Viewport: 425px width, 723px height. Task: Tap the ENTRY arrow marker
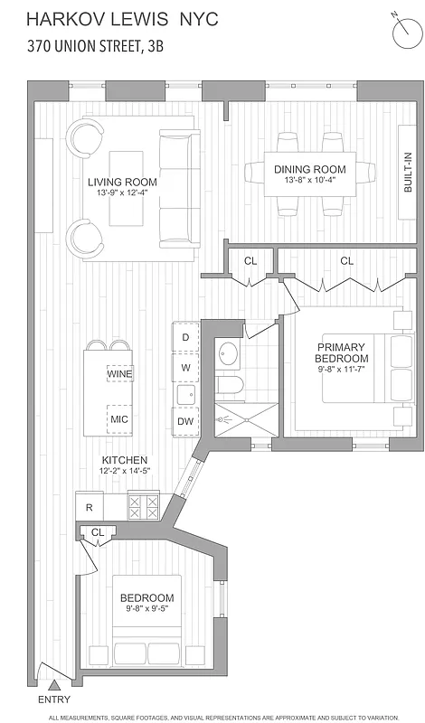click(x=55, y=687)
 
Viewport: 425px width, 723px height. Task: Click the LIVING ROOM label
click(x=121, y=182)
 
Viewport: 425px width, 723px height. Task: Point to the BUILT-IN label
click(x=407, y=172)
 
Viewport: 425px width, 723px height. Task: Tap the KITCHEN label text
click(x=124, y=460)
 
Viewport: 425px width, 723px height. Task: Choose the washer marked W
click(x=185, y=368)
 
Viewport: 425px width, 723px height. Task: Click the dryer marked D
click(x=185, y=337)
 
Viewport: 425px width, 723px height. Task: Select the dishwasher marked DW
click(x=185, y=421)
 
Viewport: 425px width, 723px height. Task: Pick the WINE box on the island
click(x=119, y=373)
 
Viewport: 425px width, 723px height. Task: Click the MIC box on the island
click(x=119, y=419)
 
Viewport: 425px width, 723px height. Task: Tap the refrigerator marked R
click(x=89, y=507)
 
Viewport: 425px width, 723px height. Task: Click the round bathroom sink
click(x=228, y=353)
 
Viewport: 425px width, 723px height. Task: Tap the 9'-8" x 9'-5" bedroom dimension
click(x=146, y=610)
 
